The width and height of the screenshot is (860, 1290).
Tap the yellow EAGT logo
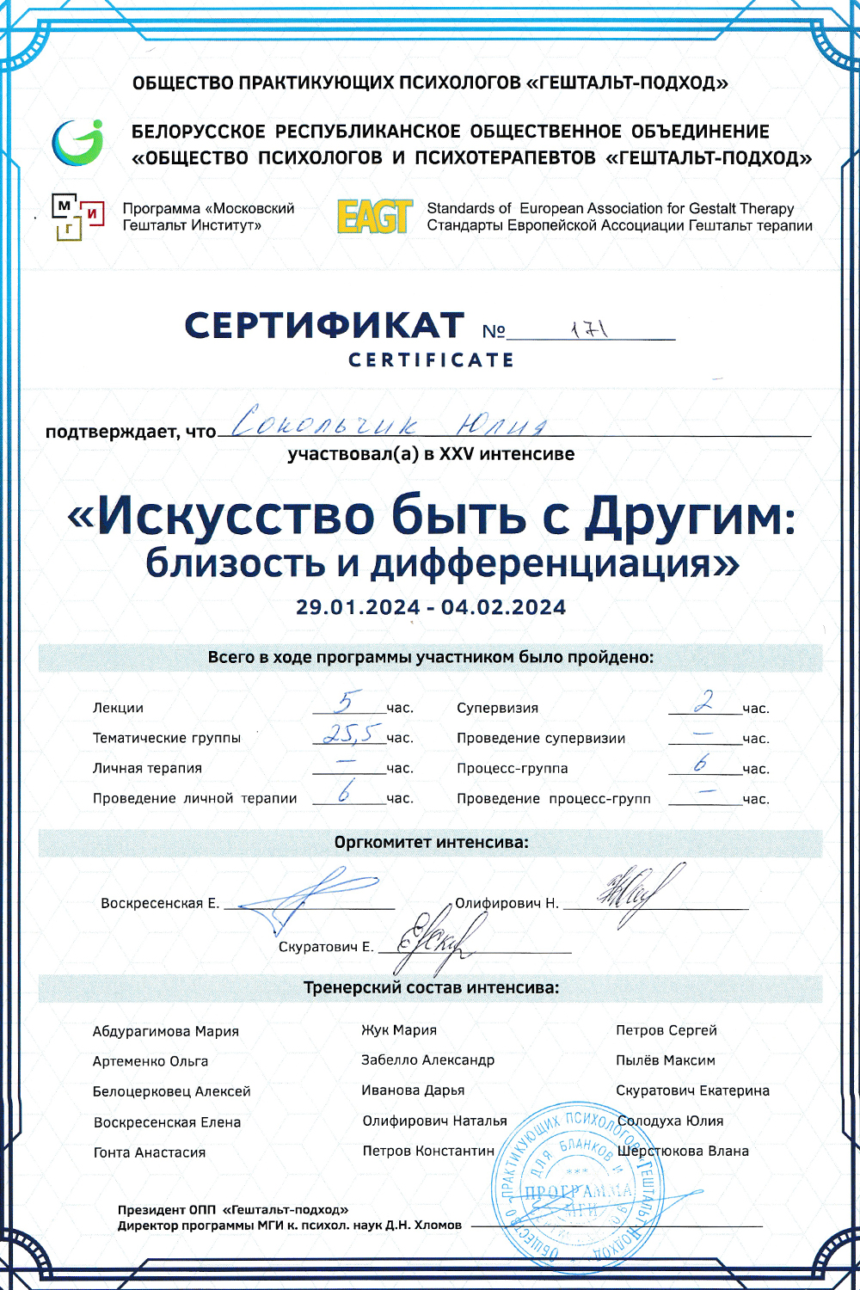pos(374,217)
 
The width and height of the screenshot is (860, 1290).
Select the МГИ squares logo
pos(78,217)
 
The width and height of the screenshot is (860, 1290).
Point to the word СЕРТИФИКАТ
pos(324,327)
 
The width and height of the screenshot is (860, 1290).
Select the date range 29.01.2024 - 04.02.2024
pos(431,607)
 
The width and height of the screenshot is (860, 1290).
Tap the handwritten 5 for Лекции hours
pos(347,702)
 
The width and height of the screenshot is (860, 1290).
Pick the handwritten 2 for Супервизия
pos(704,702)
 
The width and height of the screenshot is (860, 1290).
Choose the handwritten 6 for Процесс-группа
pos(702,762)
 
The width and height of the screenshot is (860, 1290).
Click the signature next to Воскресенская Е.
pos(310,899)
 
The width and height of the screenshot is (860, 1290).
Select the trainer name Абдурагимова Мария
pos(166,1031)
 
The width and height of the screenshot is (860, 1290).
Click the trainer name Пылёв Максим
pos(666,1060)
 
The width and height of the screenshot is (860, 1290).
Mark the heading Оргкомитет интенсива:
pos(431,843)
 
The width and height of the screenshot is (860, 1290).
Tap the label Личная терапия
pos(147,768)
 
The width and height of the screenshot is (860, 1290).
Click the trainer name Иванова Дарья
pos(413,1090)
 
